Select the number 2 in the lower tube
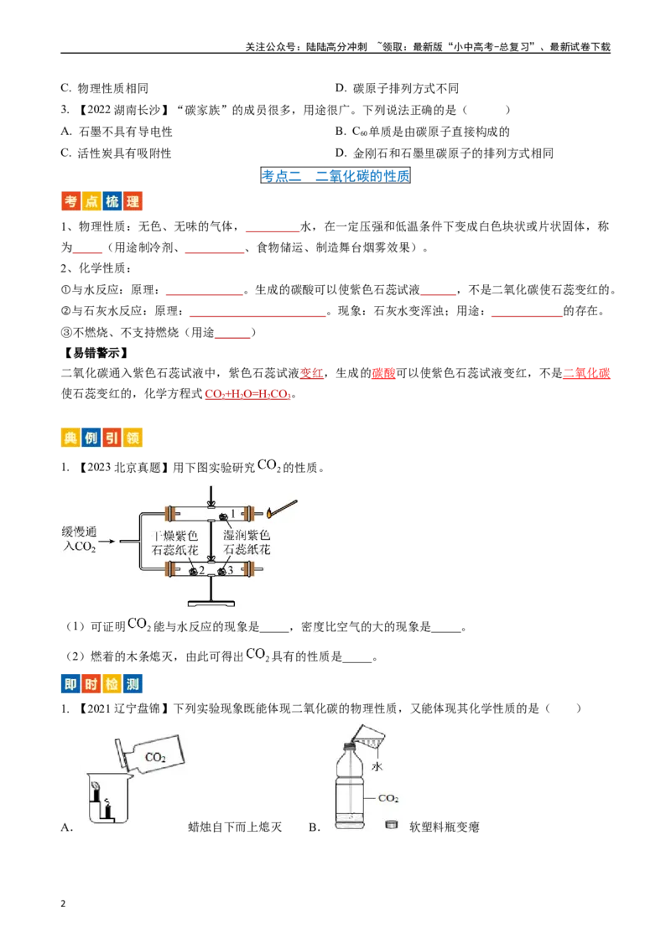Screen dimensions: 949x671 point(202,570)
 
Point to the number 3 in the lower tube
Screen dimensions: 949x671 point(232,570)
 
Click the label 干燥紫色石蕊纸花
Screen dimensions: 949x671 point(174,542)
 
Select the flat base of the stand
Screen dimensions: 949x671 point(211,601)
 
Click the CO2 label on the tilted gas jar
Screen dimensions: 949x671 point(155,757)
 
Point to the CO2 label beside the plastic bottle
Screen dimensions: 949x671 point(388,798)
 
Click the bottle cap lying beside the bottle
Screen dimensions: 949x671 point(390,825)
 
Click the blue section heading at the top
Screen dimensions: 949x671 point(335,175)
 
